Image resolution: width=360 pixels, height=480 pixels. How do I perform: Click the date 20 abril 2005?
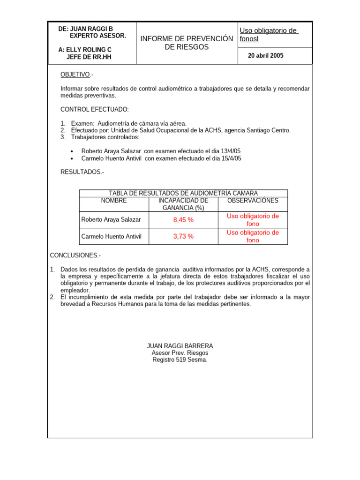[x=266, y=56]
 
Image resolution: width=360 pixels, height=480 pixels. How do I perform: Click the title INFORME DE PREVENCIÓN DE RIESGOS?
[x=187, y=43]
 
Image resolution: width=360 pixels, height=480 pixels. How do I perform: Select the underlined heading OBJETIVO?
[x=75, y=75]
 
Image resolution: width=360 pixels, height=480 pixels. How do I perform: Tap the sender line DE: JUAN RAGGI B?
[x=85, y=29]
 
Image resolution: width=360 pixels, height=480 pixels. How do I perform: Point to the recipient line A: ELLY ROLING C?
[x=85, y=50]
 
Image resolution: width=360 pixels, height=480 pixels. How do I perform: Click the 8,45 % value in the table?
[x=183, y=219]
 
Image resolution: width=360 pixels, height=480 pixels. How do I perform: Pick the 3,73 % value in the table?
[x=183, y=236]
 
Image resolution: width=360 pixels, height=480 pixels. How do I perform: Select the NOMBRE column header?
[x=114, y=201]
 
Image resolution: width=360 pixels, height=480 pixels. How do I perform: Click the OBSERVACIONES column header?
[x=253, y=201]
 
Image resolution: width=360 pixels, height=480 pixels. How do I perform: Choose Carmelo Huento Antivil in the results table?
[x=111, y=236]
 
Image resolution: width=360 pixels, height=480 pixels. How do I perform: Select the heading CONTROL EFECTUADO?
[x=94, y=109]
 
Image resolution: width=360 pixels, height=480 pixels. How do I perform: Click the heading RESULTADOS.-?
[x=82, y=172]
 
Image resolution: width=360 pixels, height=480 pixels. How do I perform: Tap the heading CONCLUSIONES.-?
[x=75, y=255]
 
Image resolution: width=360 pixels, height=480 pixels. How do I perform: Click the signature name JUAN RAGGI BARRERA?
[x=180, y=346]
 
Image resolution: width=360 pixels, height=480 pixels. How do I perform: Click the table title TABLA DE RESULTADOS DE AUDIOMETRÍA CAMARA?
[x=183, y=193]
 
